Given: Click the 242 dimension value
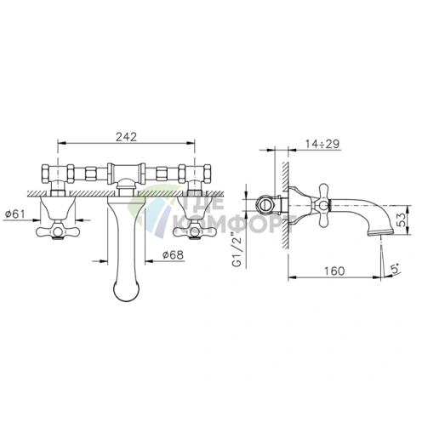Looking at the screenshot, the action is [126, 137].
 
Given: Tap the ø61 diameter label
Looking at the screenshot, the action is [14, 213].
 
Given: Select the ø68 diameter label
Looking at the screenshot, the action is [173, 254].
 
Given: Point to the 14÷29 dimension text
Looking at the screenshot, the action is [322, 144].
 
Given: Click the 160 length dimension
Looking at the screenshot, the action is [334, 271].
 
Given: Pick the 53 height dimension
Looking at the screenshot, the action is [401, 220].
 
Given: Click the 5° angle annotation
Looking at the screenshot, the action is [396, 268].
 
